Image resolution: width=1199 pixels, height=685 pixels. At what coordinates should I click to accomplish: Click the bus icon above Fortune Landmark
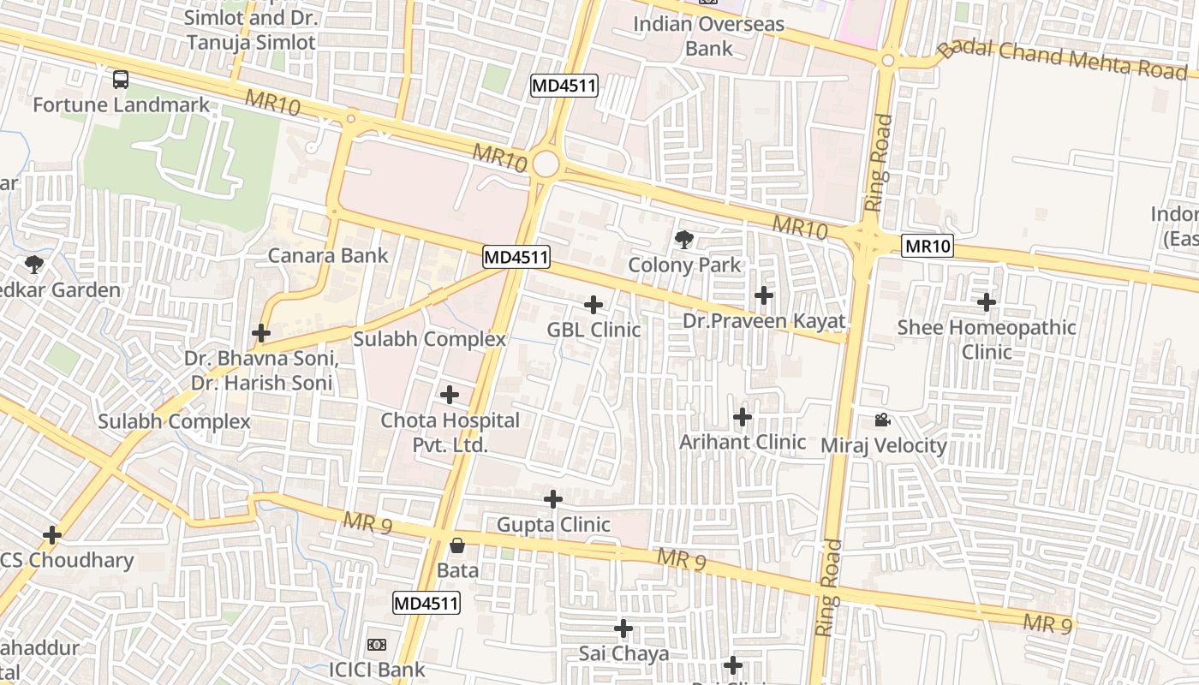pyautogui.click(x=121, y=80)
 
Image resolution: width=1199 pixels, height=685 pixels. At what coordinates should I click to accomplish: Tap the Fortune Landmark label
pyautogui.click(x=121, y=105)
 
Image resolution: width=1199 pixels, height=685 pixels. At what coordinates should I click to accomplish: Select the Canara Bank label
pyautogui.click(x=328, y=255)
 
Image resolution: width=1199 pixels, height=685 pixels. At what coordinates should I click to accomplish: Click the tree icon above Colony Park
pyautogui.click(x=683, y=240)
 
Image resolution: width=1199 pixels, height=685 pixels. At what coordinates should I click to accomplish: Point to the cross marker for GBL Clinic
pyautogui.click(x=594, y=304)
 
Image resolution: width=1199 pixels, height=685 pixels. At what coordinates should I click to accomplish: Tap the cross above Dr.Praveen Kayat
pyautogui.click(x=763, y=295)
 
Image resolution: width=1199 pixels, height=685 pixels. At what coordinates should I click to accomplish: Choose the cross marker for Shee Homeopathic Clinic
pyautogui.click(x=987, y=301)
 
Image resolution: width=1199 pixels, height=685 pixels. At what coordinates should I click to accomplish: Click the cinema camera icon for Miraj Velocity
pyautogui.click(x=882, y=420)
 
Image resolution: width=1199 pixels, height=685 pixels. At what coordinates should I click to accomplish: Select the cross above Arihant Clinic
pyautogui.click(x=743, y=417)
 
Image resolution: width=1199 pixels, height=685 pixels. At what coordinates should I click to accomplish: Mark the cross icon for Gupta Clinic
pyautogui.click(x=553, y=498)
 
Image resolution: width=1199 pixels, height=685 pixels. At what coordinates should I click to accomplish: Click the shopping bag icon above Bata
pyautogui.click(x=457, y=545)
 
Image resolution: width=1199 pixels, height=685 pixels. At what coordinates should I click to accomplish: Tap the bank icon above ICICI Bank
pyautogui.click(x=377, y=644)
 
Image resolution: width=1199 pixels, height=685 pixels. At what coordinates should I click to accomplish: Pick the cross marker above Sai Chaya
pyautogui.click(x=623, y=628)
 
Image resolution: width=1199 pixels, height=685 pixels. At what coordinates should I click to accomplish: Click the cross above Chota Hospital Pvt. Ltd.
pyautogui.click(x=449, y=395)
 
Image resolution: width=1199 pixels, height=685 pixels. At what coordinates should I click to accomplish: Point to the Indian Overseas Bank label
pyautogui.click(x=708, y=36)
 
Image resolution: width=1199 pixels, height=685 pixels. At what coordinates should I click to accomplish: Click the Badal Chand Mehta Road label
pyautogui.click(x=1062, y=58)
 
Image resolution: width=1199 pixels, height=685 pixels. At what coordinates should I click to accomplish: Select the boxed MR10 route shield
pyautogui.click(x=928, y=247)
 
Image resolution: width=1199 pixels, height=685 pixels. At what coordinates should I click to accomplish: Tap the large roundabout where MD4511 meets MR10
pyautogui.click(x=545, y=164)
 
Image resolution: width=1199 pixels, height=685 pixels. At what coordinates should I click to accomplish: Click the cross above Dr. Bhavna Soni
pyautogui.click(x=261, y=332)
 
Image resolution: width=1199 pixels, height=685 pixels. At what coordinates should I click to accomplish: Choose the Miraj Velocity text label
pyautogui.click(x=884, y=445)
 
